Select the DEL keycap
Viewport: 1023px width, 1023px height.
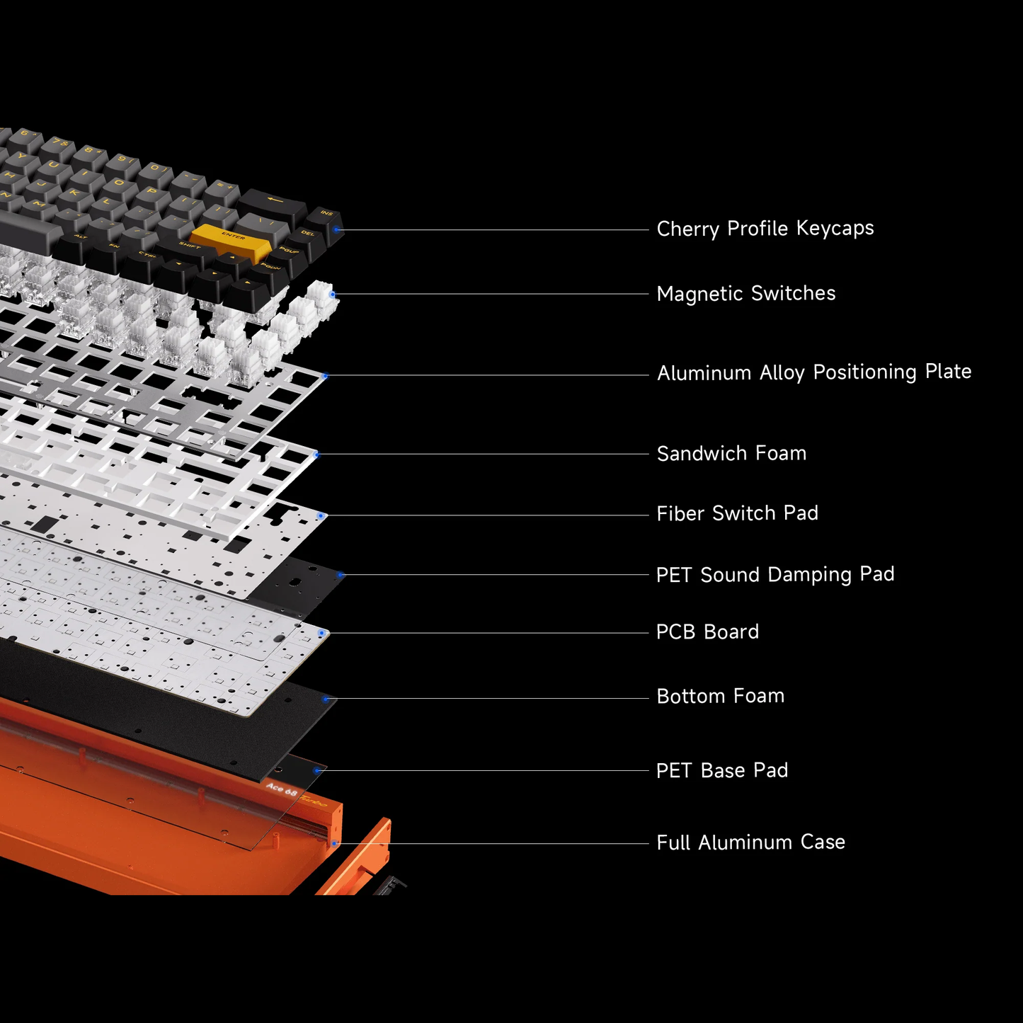tap(307, 234)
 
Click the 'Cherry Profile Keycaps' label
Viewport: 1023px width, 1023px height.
tap(765, 229)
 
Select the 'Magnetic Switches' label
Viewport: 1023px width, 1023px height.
tap(745, 294)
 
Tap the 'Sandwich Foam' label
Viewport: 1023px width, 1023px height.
tap(731, 454)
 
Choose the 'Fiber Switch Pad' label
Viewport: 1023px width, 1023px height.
tap(737, 513)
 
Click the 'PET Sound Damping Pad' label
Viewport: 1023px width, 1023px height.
tap(775, 574)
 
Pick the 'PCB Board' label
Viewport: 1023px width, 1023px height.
tap(707, 632)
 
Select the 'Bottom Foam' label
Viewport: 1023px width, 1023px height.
tap(720, 697)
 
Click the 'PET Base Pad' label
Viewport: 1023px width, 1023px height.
tap(721, 770)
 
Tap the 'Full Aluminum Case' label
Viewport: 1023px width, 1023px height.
tap(750, 842)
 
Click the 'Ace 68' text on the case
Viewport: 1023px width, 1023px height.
tap(281, 789)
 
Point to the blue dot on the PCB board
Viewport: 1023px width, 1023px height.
tap(322, 633)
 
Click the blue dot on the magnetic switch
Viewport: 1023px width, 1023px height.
tap(333, 294)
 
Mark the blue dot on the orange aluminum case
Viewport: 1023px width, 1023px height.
tap(334, 843)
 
